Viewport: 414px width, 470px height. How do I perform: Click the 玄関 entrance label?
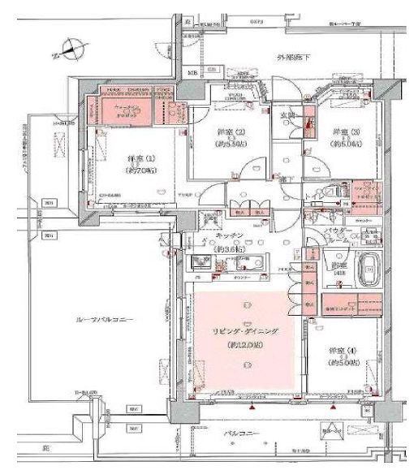coord(287,115)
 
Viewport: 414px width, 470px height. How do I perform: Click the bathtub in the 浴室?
coord(373,266)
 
